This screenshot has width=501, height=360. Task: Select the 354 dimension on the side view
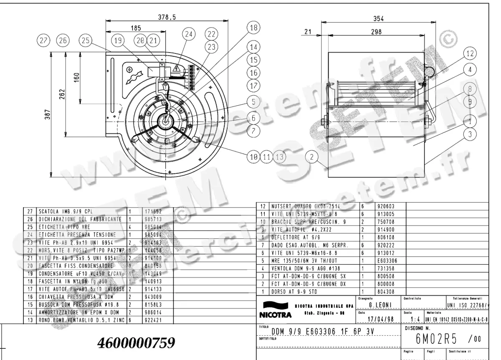pos(378,18)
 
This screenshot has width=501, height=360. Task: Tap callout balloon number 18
pos(253,28)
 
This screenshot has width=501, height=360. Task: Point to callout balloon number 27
pos(43,41)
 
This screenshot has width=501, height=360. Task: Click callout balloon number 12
pos(470,53)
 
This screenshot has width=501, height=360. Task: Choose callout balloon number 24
pos(189,34)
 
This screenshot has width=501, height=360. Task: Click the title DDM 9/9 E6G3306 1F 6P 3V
pos(322,332)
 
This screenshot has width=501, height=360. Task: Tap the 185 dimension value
pos(136,28)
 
